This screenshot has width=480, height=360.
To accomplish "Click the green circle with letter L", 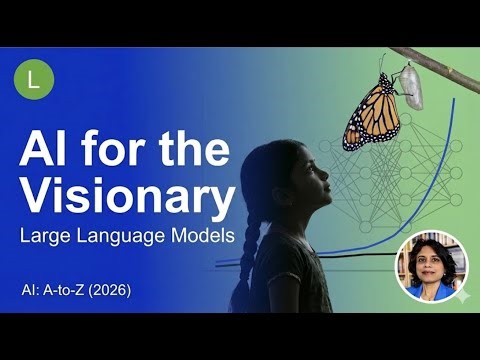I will [34, 80].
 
